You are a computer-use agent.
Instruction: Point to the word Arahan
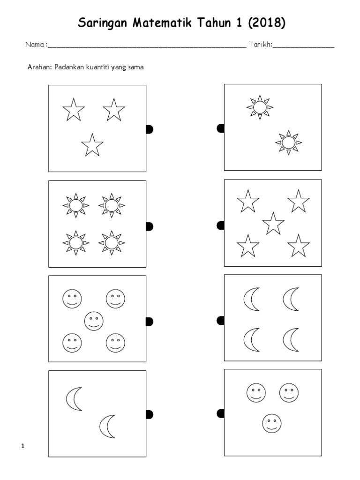click(40, 67)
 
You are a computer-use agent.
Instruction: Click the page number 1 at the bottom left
click(22, 446)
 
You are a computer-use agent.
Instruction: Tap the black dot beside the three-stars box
click(150, 129)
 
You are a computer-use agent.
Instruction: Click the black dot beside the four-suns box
click(150, 227)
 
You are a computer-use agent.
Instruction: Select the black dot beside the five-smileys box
click(150, 321)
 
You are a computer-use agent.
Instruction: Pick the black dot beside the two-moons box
click(150, 414)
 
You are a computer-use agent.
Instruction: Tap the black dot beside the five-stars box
click(220, 226)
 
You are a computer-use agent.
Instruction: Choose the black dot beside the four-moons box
click(220, 320)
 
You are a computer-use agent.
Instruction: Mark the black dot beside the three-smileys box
click(220, 413)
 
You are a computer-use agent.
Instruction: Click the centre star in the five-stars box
click(273, 223)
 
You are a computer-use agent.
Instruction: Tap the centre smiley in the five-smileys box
click(94, 321)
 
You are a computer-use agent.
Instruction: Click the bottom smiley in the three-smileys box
click(271, 423)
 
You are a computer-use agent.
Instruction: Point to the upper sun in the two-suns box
click(259, 107)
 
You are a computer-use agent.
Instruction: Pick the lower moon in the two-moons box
click(108, 426)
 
